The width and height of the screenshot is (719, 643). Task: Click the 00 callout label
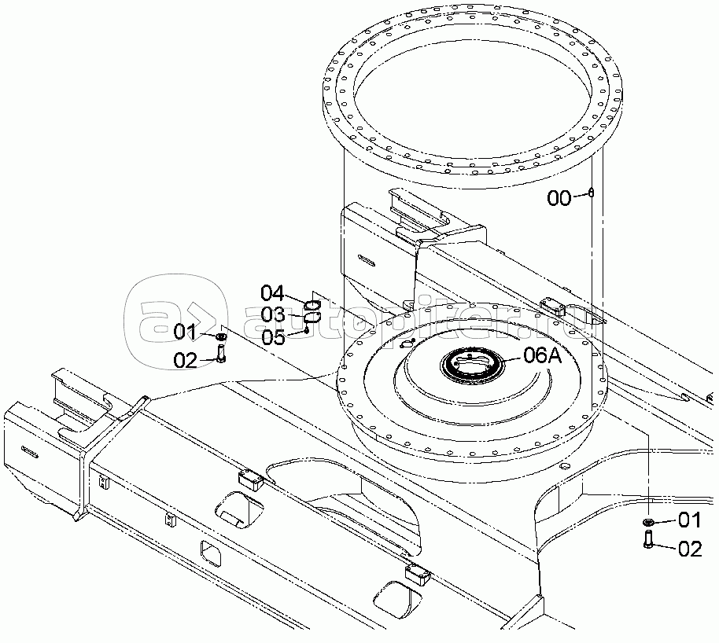pyautogui.click(x=559, y=198)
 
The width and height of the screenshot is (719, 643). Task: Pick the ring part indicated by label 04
pyautogui.click(x=312, y=305)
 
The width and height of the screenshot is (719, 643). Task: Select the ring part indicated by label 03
pyautogui.click(x=312, y=317)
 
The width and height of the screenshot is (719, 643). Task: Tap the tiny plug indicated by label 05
pyautogui.click(x=306, y=330)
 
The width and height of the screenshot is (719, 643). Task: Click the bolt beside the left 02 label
pyautogui.click(x=220, y=356)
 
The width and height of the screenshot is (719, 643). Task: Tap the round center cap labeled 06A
pyautogui.click(x=471, y=364)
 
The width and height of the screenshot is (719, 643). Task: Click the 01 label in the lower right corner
pyautogui.click(x=689, y=520)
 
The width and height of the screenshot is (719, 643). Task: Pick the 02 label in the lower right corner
pyautogui.click(x=689, y=549)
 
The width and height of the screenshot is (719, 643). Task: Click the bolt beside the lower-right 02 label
pyautogui.click(x=648, y=540)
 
